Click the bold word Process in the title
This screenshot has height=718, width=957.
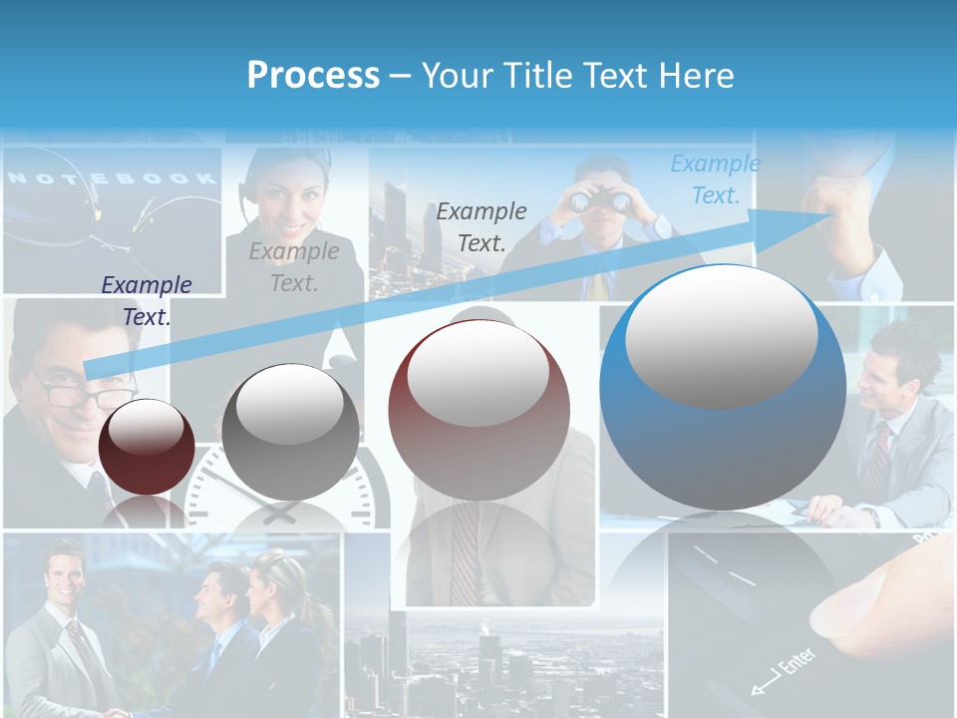coord(313,75)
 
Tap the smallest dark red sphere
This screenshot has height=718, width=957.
coord(147,447)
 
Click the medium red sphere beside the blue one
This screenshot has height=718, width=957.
coord(478,410)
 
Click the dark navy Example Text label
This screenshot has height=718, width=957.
coord(147,300)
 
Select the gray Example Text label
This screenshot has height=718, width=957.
coord(294,267)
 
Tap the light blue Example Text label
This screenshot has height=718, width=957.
coord(715,179)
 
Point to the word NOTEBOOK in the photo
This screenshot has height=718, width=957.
coord(112,179)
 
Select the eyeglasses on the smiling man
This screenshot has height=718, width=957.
coord(75,391)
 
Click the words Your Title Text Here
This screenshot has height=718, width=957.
coord(577,75)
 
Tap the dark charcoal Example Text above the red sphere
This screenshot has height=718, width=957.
coord(481,226)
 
